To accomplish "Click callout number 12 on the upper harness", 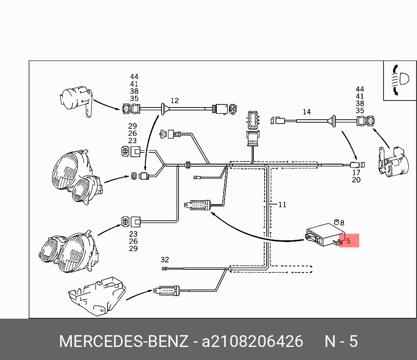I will tap(175, 101).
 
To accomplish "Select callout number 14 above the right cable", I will tap(306, 112).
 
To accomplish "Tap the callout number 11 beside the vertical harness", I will tap(282, 204).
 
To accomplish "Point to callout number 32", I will tap(165, 260).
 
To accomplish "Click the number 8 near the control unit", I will tap(342, 223).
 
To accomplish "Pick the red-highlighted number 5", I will tap(349, 240).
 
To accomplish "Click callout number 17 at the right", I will tap(356, 173).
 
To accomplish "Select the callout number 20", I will tap(356, 180).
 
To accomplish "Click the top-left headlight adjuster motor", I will tap(76, 100).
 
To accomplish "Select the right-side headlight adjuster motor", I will tap(393, 162).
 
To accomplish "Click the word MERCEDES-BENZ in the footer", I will tap(124, 341).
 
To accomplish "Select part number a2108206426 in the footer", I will tap(252, 341).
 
